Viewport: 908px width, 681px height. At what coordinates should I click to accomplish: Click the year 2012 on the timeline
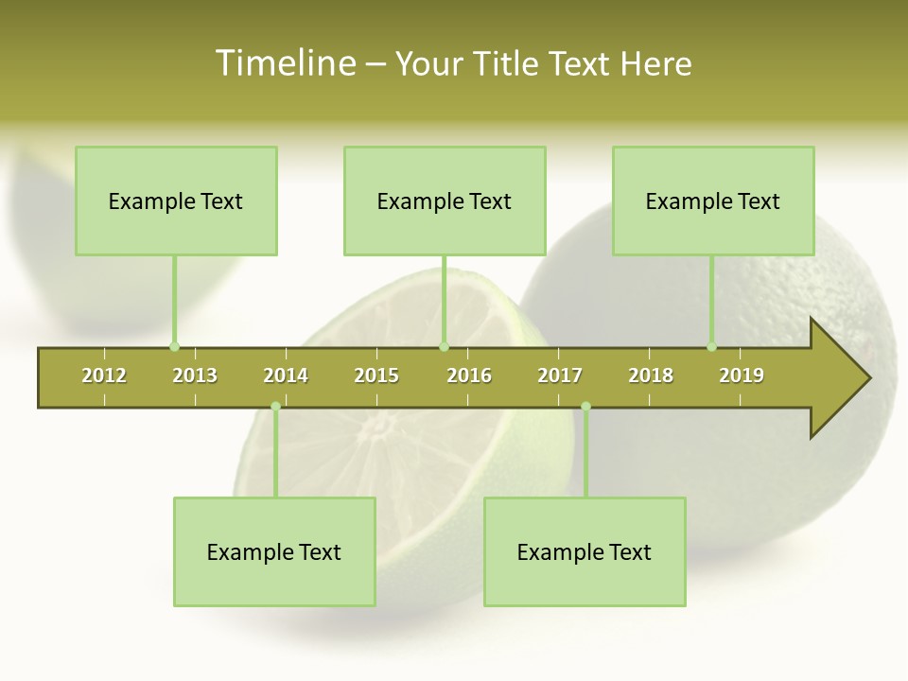tap(104, 375)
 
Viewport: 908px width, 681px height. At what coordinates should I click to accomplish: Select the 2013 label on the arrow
tap(195, 375)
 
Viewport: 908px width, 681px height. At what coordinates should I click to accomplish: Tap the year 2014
tap(286, 375)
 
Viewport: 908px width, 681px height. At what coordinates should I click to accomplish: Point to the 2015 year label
tap(376, 375)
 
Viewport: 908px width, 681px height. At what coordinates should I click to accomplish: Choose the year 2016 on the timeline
tap(469, 375)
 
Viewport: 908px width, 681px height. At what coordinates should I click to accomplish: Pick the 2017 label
tap(560, 375)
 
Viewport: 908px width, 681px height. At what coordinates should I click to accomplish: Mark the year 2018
tap(651, 375)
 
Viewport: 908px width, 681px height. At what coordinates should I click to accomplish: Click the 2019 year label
tap(742, 375)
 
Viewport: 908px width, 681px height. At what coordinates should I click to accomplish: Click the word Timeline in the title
tap(285, 63)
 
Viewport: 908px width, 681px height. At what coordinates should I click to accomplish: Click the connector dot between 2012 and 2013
tap(174, 346)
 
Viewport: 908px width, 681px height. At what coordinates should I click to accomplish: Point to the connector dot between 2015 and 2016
tap(444, 346)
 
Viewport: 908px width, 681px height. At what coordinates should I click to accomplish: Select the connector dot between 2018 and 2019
tap(712, 346)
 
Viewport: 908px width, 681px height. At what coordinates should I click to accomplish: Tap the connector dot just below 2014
tap(275, 407)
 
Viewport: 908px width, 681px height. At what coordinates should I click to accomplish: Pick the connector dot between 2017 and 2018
tap(585, 407)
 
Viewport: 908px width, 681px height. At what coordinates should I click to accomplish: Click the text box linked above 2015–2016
tap(445, 201)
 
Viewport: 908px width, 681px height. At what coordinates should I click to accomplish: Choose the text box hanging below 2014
tap(274, 551)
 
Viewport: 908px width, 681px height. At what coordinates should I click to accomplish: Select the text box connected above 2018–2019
tap(713, 201)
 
